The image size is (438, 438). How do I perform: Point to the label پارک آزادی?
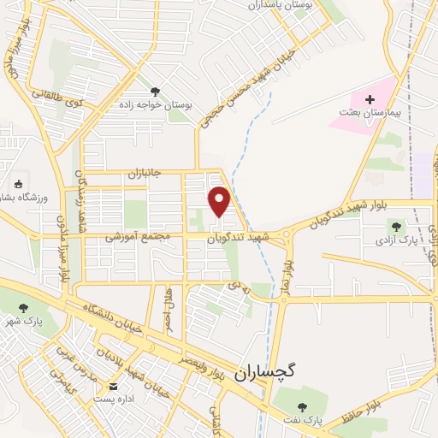click(x=396, y=240)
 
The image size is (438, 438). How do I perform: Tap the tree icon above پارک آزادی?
click(x=396, y=227)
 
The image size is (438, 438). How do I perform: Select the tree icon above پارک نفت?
click(x=300, y=405)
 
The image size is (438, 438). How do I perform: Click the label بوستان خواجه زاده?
click(x=155, y=105)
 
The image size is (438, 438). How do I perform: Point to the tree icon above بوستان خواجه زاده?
click(x=155, y=92)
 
